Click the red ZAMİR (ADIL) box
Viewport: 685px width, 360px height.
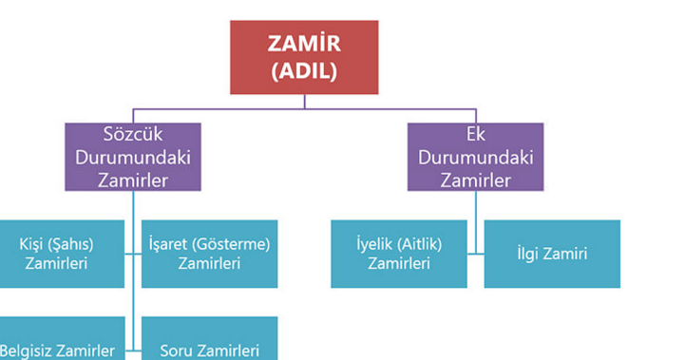pos(304,57)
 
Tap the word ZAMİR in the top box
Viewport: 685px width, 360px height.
pos(304,45)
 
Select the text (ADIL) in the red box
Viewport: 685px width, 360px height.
pos(304,71)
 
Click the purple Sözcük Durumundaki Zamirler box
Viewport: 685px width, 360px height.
pos(133,157)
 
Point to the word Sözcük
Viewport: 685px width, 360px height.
pos(133,134)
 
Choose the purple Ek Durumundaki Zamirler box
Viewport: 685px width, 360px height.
pos(476,157)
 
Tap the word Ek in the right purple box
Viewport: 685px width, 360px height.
pos(476,134)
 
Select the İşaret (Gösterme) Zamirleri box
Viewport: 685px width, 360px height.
pos(209,254)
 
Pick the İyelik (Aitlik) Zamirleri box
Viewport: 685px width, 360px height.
pos(398,254)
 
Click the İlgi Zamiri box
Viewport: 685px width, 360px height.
pos(552,254)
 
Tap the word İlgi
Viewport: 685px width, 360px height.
pos(531,254)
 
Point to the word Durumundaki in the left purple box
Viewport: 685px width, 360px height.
pos(133,157)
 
